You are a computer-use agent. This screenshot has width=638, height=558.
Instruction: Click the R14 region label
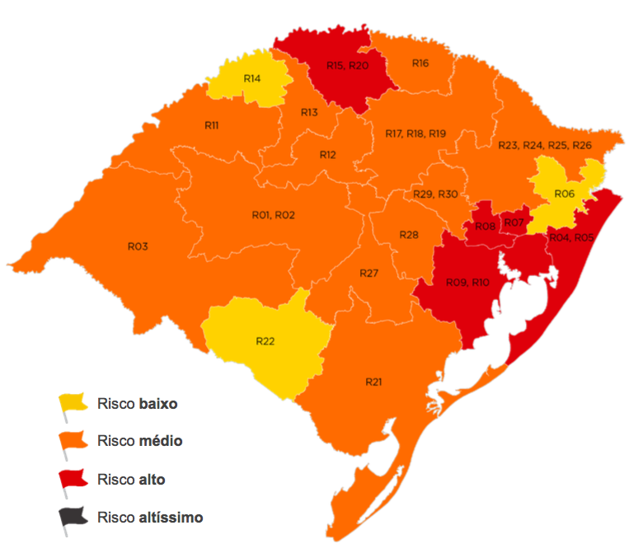[x=252, y=77]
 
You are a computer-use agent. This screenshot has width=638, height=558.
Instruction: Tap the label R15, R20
[x=347, y=65]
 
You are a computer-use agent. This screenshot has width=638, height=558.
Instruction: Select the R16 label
[x=420, y=63]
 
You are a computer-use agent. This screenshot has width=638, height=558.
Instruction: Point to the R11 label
[x=211, y=125]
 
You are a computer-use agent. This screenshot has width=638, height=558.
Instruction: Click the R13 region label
[x=309, y=112]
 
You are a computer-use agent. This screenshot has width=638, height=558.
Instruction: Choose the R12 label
[x=328, y=154]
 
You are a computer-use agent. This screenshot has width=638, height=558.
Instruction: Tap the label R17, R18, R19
[x=415, y=134]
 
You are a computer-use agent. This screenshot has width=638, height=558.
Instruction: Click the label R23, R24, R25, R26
[x=545, y=145]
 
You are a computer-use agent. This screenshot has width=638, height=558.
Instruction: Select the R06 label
[x=565, y=193]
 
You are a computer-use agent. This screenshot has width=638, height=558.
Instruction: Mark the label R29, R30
[x=435, y=194]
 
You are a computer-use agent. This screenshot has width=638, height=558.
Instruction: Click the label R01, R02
[x=273, y=215]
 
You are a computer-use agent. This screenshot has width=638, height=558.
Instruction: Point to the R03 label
[x=137, y=246]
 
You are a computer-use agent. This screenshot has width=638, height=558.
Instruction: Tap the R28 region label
[x=409, y=235]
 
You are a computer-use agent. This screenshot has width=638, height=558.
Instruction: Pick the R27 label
[x=368, y=273]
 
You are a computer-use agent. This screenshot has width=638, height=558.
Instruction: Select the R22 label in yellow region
[x=265, y=340]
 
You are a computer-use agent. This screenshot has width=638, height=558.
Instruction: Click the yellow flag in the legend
[x=72, y=405]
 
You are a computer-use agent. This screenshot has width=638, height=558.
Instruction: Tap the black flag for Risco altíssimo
[x=72, y=518]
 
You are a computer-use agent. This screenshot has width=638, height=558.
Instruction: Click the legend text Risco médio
[x=139, y=441]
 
